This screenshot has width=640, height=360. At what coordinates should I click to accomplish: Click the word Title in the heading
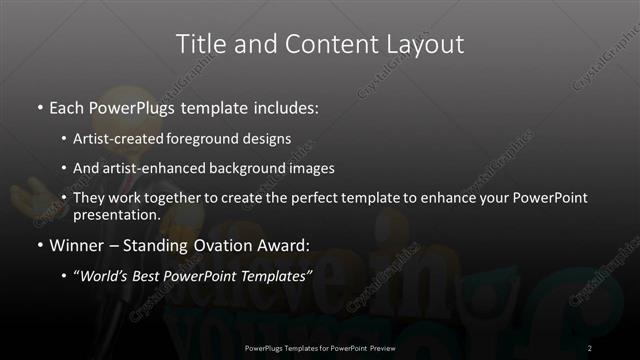(x=201, y=44)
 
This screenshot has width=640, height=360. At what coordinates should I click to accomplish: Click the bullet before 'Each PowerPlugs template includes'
(x=39, y=106)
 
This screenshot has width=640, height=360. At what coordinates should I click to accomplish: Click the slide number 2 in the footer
(x=590, y=347)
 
